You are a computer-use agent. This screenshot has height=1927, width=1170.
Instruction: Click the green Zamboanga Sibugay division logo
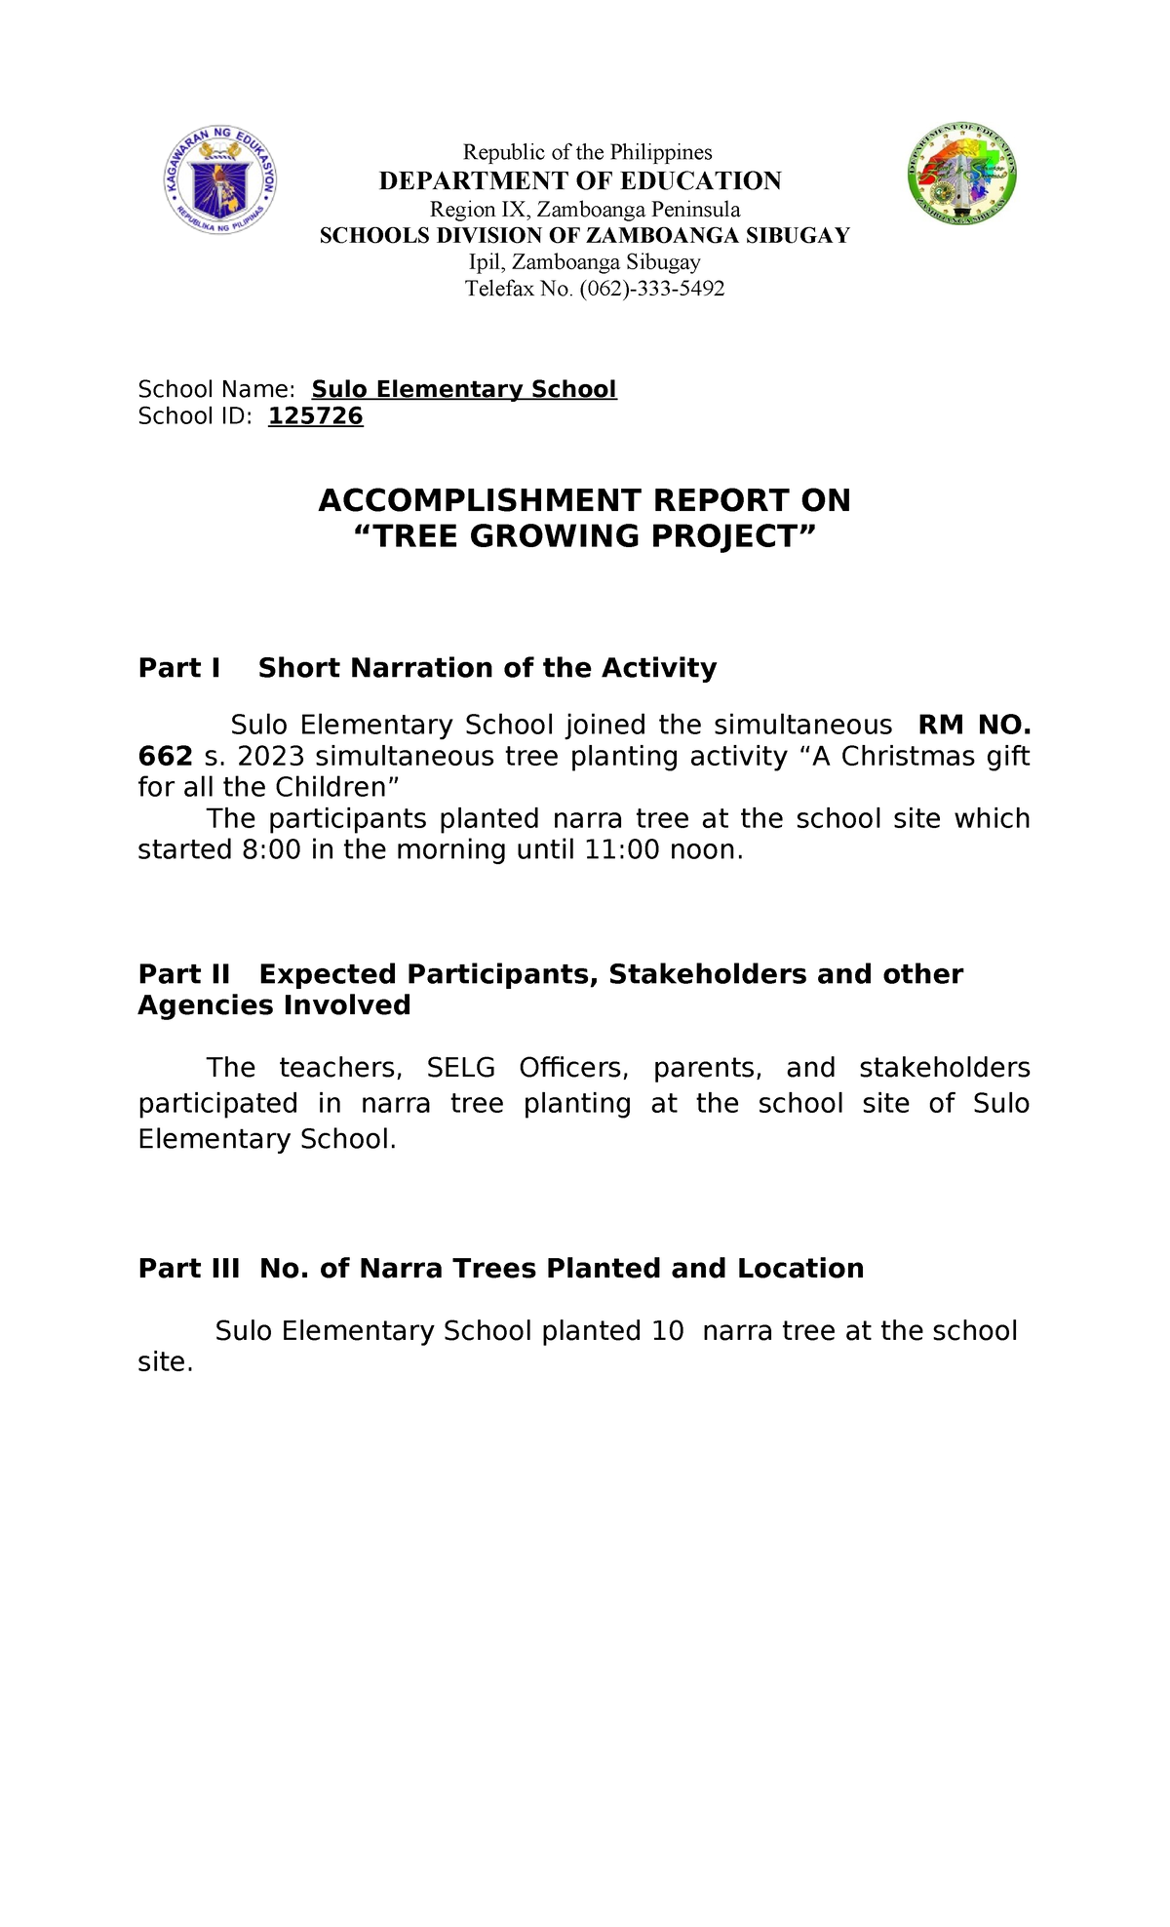[x=962, y=176]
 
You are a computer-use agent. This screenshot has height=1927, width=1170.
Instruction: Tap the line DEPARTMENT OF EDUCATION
[x=580, y=181]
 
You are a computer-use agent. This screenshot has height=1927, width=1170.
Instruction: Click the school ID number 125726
[x=315, y=416]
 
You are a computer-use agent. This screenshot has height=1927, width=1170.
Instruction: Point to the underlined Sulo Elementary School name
[x=464, y=389]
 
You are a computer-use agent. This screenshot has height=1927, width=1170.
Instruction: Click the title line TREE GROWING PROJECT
[x=584, y=536]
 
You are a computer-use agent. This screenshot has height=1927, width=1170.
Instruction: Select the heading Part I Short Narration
[x=427, y=668]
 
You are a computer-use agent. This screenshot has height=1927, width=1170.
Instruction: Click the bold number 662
[x=165, y=757]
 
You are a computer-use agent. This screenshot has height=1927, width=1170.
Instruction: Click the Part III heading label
[x=189, y=1268]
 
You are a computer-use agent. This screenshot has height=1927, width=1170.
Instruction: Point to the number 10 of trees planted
[x=668, y=1331]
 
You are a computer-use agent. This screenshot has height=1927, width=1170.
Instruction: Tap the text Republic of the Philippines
[x=587, y=152]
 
